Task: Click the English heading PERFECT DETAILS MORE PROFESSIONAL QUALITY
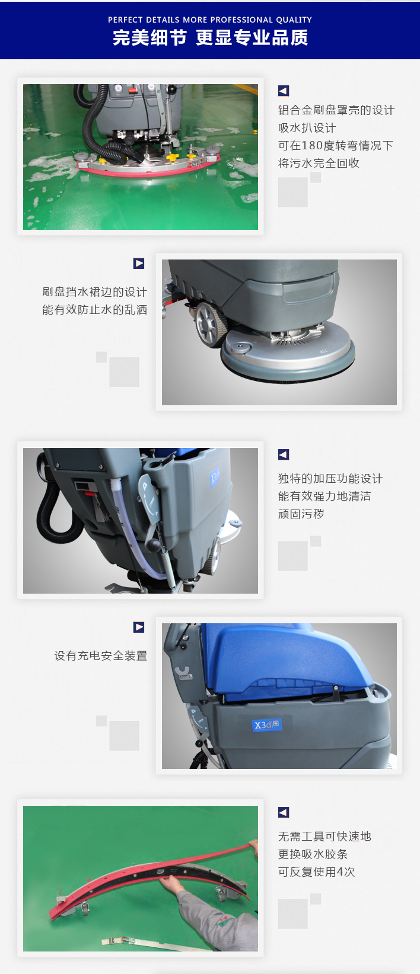click(210, 20)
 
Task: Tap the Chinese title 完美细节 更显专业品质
click(210, 38)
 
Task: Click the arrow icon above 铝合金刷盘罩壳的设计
click(284, 91)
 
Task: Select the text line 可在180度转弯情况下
click(336, 145)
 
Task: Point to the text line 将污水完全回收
click(319, 163)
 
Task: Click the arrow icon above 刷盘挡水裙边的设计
click(139, 263)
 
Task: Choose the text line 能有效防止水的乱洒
click(94, 310)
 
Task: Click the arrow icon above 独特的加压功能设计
click(284, 454)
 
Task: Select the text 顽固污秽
click(301, 514)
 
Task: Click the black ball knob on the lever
click(153, 545)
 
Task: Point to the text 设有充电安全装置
click(100, 656)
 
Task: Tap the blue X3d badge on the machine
click(267, 725)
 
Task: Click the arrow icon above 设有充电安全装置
click(139, 627)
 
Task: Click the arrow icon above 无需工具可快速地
click(284, 812)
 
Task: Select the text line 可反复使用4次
click(316, 872)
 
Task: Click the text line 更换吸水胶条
click(313, 854)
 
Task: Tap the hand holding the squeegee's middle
click(173, 883)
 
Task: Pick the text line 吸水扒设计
click(307, 128)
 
